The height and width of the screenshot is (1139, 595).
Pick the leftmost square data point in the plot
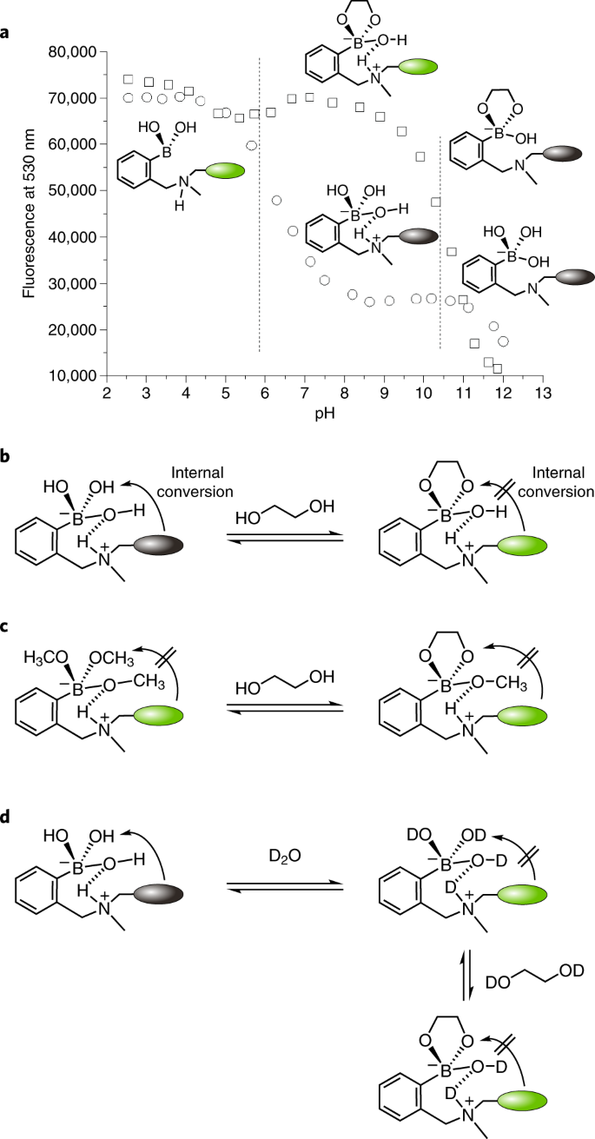click(x=129, y=79)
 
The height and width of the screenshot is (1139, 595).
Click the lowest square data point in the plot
click(x=497, y=368)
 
